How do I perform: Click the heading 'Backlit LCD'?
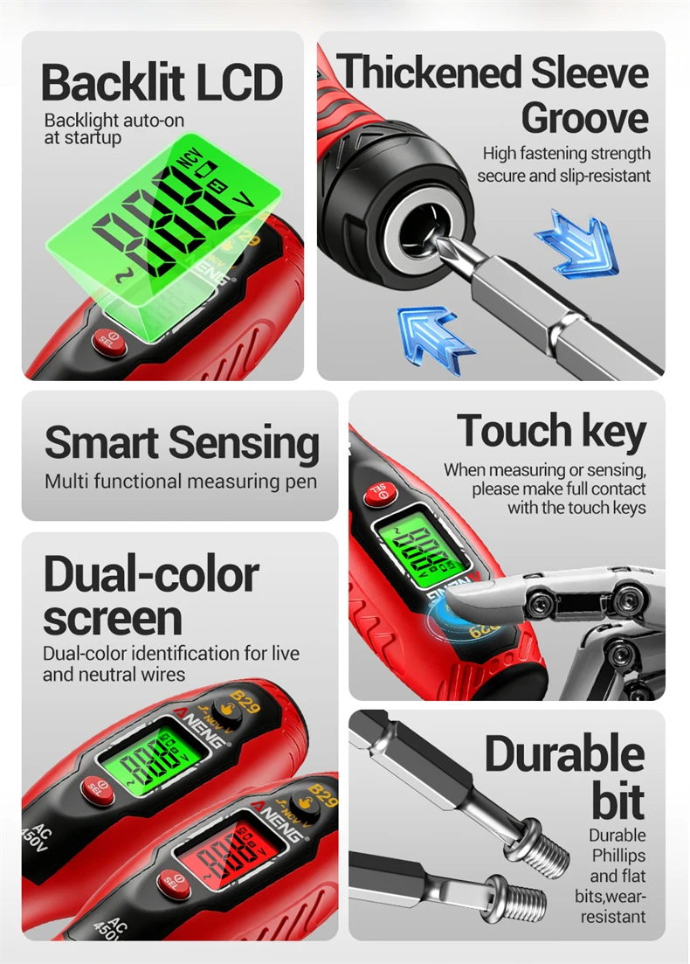coord(162,82)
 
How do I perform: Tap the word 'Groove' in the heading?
coord(585,117)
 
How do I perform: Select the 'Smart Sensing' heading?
coord(182,442)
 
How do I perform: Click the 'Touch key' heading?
coord(551,430)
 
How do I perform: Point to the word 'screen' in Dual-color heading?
coord(113,618)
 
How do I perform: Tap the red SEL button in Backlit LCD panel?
coord(109,342)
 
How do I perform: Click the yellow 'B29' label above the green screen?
coord(245,702)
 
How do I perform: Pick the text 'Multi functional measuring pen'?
coord(181,482)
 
